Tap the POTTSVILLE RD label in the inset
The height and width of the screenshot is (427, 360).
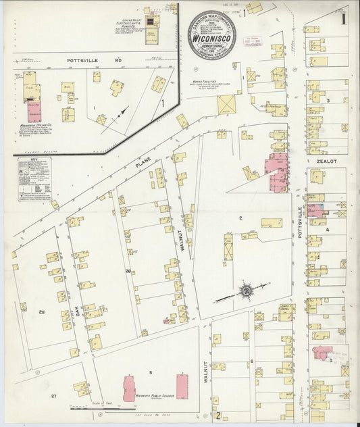tap(94, 60)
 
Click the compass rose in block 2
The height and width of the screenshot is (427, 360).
tap(246, 291)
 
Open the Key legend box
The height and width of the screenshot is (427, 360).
tap(34, 179)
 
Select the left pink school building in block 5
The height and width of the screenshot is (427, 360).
tap(128, 388)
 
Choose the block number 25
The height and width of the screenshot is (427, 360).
tap(41, 311)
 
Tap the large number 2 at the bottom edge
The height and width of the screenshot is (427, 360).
tap(218, 414)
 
